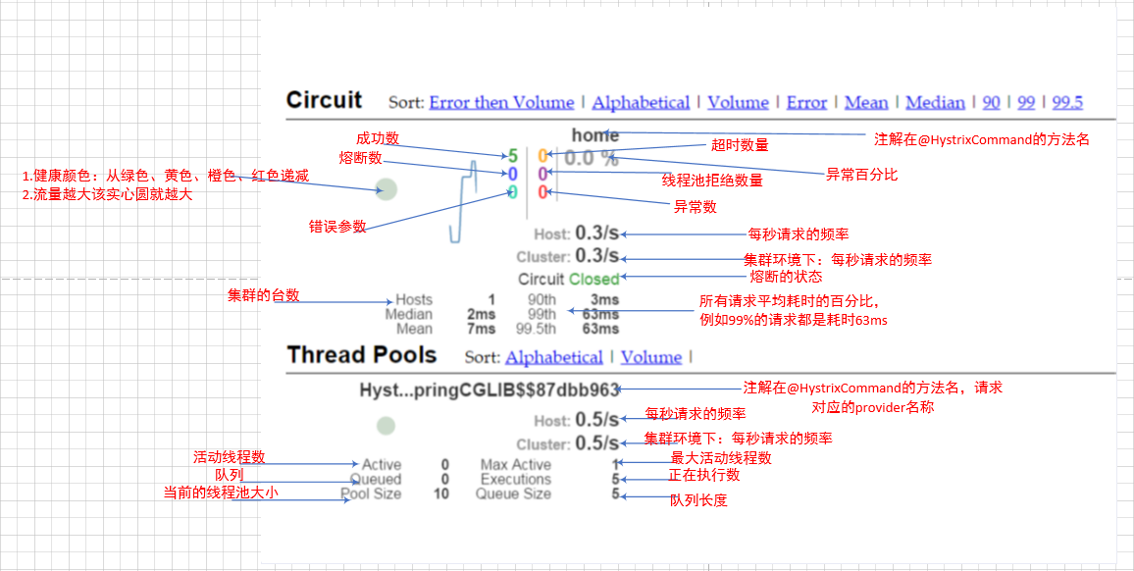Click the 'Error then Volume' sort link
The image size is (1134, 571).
(501, 102)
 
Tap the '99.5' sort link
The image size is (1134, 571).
(1067, 102)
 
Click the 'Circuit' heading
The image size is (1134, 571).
(324, 100)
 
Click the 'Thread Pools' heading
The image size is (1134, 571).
(362, 355)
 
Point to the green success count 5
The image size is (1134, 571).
(512, 156)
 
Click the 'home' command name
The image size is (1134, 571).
(594, 135)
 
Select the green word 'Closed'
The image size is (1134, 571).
(594, 279)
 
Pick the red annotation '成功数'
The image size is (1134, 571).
(377, 138)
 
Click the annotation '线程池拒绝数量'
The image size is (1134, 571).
(712, 181)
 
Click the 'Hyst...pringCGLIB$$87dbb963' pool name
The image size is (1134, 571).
(489, 389)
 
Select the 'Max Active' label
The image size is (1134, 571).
(515, 465)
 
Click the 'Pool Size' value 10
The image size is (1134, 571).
(441, 494)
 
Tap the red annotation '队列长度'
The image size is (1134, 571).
(698, 500)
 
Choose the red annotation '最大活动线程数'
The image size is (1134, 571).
(721, 458)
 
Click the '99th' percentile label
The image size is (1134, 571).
(541, 314)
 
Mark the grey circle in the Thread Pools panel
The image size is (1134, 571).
(387, 426)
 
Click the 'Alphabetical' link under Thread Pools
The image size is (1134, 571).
(554, 357)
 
